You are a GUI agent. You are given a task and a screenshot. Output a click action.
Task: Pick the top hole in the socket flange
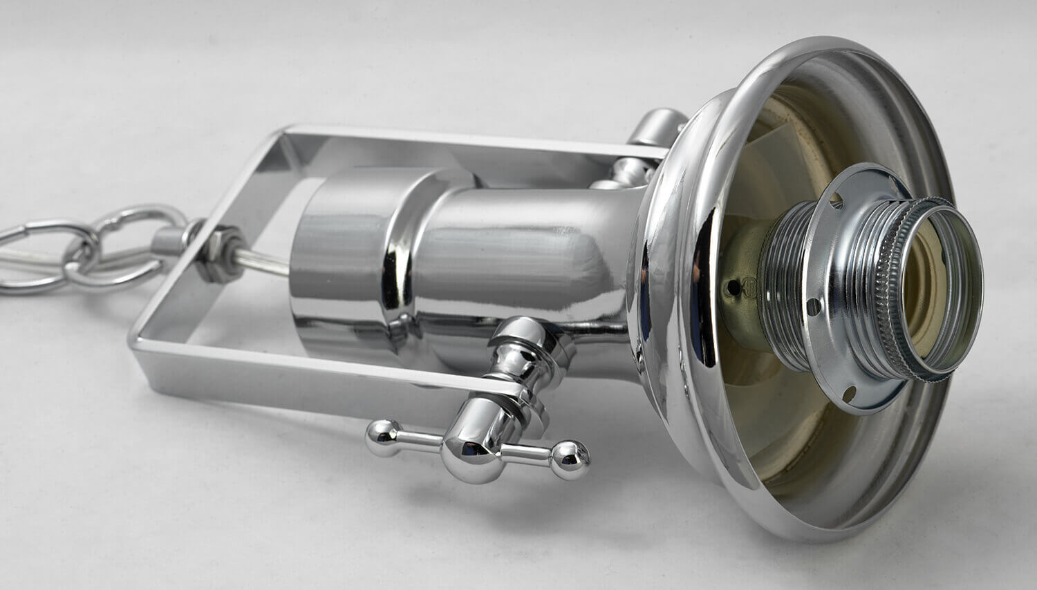pyautogui.click(x=837, y=201)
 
